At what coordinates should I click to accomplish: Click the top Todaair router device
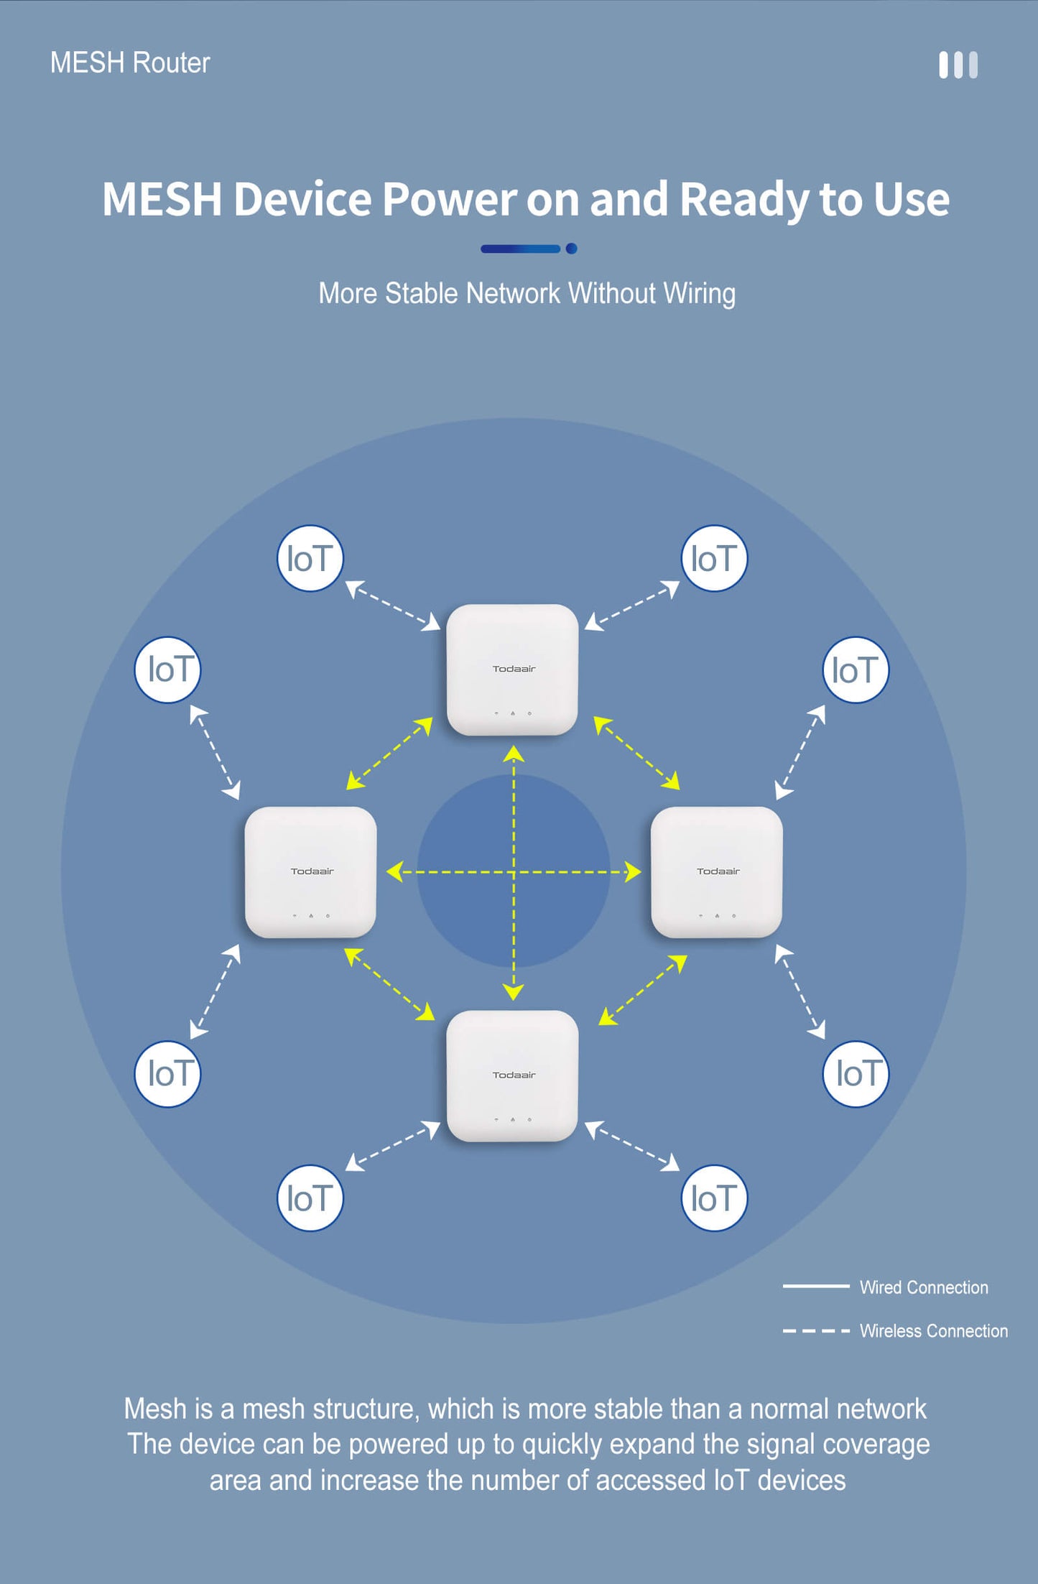pos(512,670)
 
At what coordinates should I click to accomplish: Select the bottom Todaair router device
pos(512,1075)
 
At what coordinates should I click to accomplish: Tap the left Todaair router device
pos(310,872)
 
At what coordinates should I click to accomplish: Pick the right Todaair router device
pos(716,872)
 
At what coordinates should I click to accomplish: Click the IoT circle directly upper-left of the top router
pos(310,558)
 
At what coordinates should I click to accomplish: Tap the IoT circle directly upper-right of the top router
pos(714,558)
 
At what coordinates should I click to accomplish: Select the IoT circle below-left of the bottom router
pos(310,1198)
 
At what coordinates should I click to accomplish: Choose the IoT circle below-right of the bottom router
pos(714,1198)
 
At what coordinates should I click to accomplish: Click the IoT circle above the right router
pos(856,670)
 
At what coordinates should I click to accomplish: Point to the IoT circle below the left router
pos(167,1074)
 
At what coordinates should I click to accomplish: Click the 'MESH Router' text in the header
pos(130,62)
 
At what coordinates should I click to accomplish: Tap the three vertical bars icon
pos(958,65)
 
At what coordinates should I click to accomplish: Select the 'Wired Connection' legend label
pos(924,1287)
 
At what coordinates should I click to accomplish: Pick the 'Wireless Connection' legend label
pos(933,1331)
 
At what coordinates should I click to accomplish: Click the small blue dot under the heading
pos(571,249)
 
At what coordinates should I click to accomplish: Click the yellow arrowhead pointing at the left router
pos(394,872)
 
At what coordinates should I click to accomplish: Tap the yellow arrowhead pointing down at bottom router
pos(513,992)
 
